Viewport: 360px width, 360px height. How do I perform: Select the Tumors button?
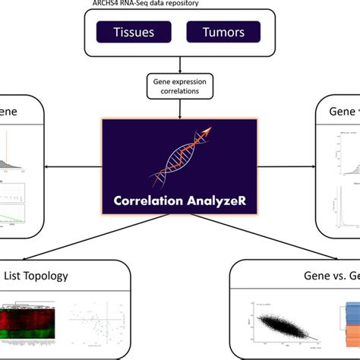tap(223, 32)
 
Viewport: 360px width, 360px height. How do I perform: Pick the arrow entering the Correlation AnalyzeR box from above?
tap(180, 110)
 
